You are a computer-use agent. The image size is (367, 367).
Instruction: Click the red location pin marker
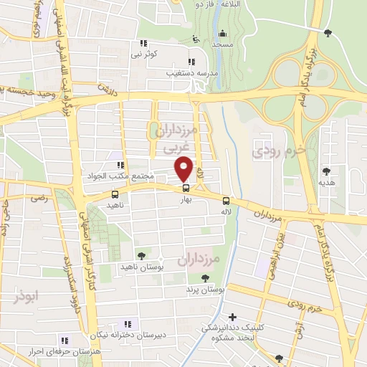point(184,168)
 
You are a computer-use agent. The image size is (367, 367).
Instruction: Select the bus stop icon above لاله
point(226,201)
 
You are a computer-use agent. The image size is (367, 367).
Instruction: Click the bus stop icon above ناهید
point(115,194)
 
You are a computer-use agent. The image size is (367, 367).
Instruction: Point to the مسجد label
point(222,44)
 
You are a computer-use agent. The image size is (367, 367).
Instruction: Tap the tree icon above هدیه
point(327,171)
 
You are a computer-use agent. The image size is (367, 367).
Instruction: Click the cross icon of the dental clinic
point(232,317)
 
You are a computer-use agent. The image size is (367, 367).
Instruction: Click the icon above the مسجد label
point(222,33)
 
